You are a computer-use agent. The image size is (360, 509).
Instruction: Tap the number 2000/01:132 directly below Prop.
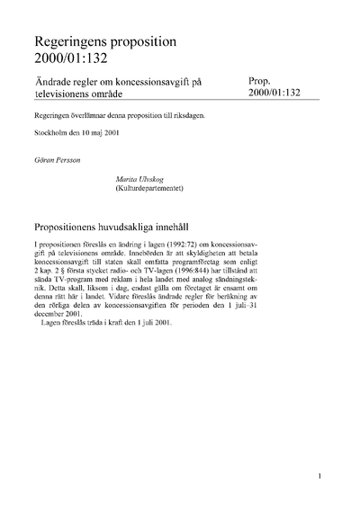pos(280,93)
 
